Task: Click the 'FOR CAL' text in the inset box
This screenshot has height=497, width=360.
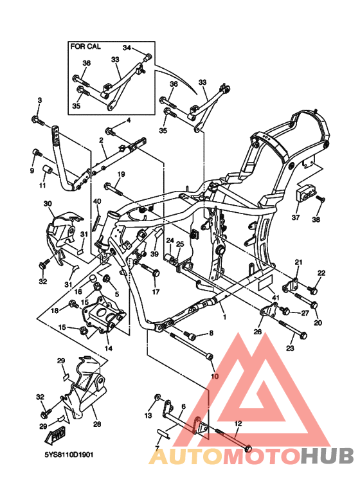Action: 86,47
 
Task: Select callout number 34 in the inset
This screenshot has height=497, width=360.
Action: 127,48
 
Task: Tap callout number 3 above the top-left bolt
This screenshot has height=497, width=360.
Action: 39,100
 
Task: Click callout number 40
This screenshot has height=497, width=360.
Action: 98,202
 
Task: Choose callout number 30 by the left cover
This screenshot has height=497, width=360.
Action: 48,203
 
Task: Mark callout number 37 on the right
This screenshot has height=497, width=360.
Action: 296,217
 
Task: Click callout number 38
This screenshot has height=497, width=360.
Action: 316,219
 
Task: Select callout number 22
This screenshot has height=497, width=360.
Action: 321,273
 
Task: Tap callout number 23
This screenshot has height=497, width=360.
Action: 290,348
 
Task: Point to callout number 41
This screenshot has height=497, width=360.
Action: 274,298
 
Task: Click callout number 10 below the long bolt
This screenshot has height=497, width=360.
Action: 214,375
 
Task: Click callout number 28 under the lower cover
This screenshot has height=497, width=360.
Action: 98,424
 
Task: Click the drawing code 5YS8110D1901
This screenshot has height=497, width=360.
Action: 69,454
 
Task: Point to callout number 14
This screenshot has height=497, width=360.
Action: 108,348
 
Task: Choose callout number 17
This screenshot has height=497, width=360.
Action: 156,293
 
